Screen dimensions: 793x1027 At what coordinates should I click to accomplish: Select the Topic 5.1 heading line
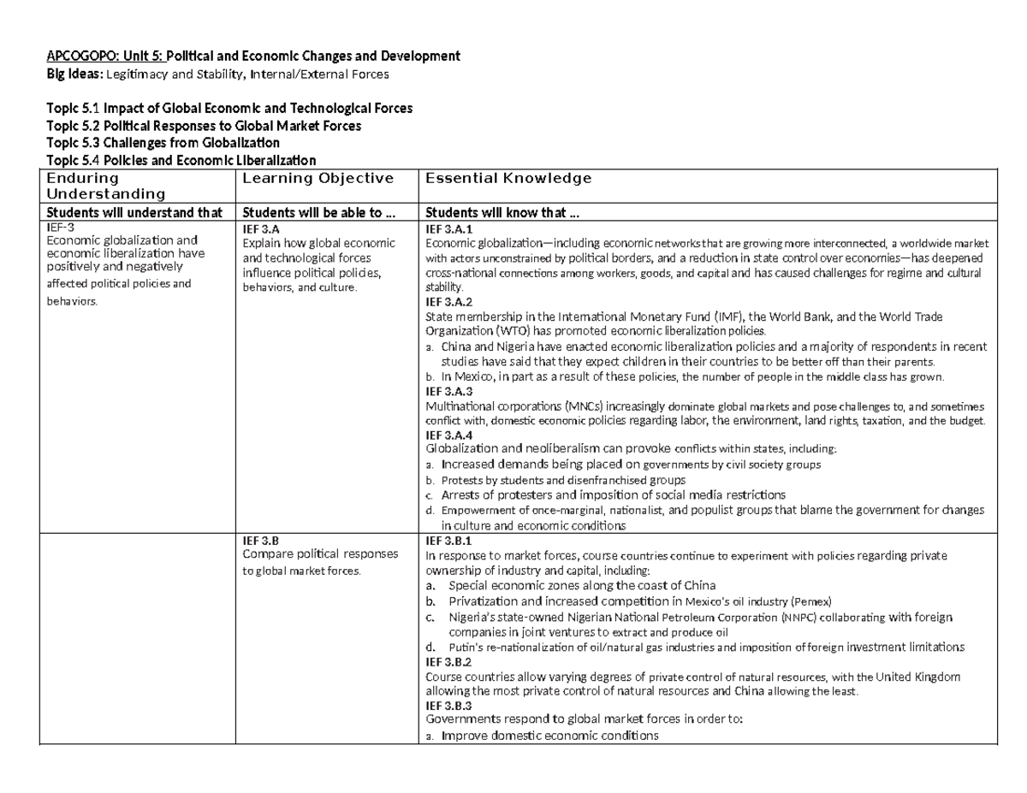[x=229, y=109]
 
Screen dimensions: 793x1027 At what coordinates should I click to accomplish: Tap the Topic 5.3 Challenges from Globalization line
[x=163, y=143]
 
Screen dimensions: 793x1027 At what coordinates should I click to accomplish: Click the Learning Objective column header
[x=318, y=178]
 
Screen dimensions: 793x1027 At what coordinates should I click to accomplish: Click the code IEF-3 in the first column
[x=60, y=228]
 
